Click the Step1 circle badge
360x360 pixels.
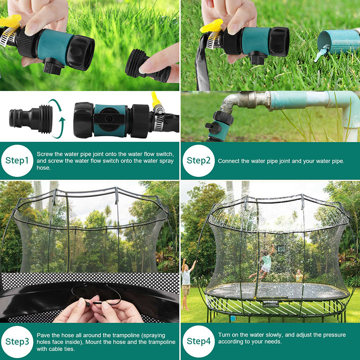17,161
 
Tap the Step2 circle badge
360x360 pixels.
199,161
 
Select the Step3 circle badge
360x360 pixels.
17,342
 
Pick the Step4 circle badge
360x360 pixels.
199,342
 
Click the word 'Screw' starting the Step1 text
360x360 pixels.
45,154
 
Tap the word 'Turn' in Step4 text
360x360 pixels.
224,335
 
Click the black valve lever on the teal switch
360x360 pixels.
109,118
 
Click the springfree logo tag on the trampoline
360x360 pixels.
271,302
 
